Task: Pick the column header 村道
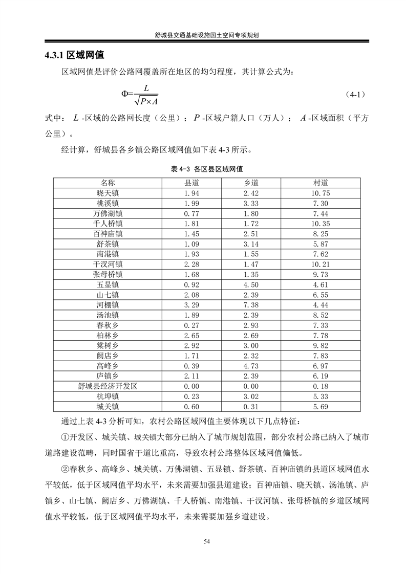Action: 320,183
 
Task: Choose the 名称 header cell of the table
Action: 108,183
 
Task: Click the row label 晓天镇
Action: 108,193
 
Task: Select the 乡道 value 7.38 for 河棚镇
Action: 251,305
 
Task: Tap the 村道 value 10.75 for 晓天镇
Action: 320,193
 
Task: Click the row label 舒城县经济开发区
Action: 108,386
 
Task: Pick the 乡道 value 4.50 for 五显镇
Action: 251,284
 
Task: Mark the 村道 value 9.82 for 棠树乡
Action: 320,346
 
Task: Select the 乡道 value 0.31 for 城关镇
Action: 251,407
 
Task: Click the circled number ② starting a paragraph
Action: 65,469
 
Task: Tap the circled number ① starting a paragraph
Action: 65,437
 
